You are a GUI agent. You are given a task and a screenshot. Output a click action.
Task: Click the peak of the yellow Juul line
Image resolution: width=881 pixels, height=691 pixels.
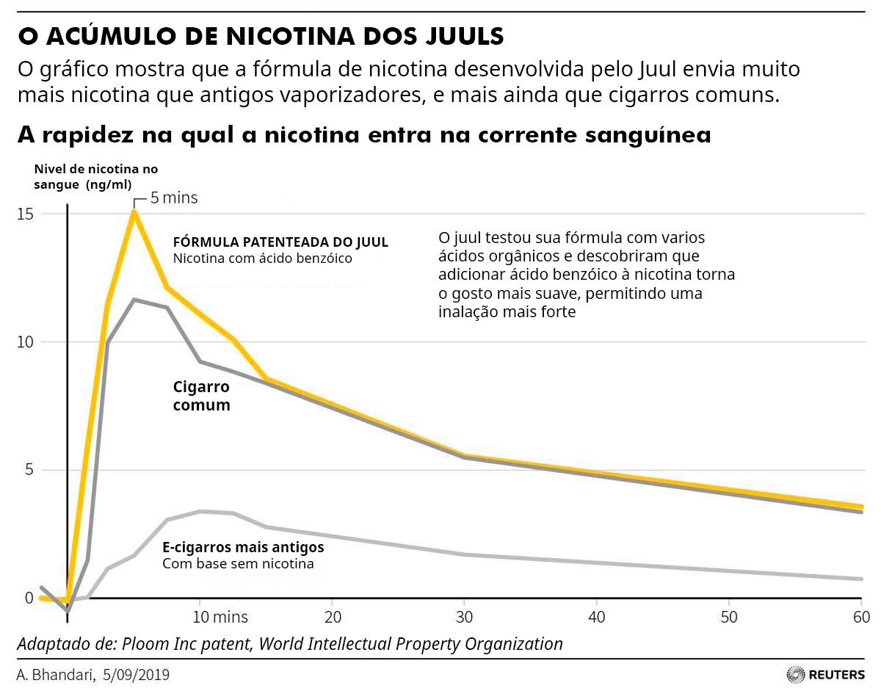point(134,211)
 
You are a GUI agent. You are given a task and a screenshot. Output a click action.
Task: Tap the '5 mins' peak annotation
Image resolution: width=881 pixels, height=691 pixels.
point(174,198)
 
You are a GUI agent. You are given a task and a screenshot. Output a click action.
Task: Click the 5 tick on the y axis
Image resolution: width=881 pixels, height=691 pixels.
point(29,470)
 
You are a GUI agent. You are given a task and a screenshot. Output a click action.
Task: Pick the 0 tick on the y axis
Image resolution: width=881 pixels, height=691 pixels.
point(29,598)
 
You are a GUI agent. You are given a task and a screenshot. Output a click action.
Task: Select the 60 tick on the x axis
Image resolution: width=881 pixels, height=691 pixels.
point(860,615)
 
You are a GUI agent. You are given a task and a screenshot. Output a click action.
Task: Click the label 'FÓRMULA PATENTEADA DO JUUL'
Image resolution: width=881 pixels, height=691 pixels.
point(280,242)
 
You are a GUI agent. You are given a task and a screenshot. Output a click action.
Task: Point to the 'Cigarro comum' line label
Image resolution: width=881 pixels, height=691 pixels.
point(202,396)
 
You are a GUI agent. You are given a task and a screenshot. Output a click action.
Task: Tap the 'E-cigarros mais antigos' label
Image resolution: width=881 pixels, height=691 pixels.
point(243,547)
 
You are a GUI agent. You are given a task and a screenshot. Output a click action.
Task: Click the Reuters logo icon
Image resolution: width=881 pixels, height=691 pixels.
point(795,674)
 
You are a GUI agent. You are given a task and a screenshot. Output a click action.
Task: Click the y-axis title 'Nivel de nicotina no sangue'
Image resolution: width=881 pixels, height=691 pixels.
point(95,177)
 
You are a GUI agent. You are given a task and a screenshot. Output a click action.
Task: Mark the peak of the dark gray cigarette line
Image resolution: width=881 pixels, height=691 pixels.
point(134,300)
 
